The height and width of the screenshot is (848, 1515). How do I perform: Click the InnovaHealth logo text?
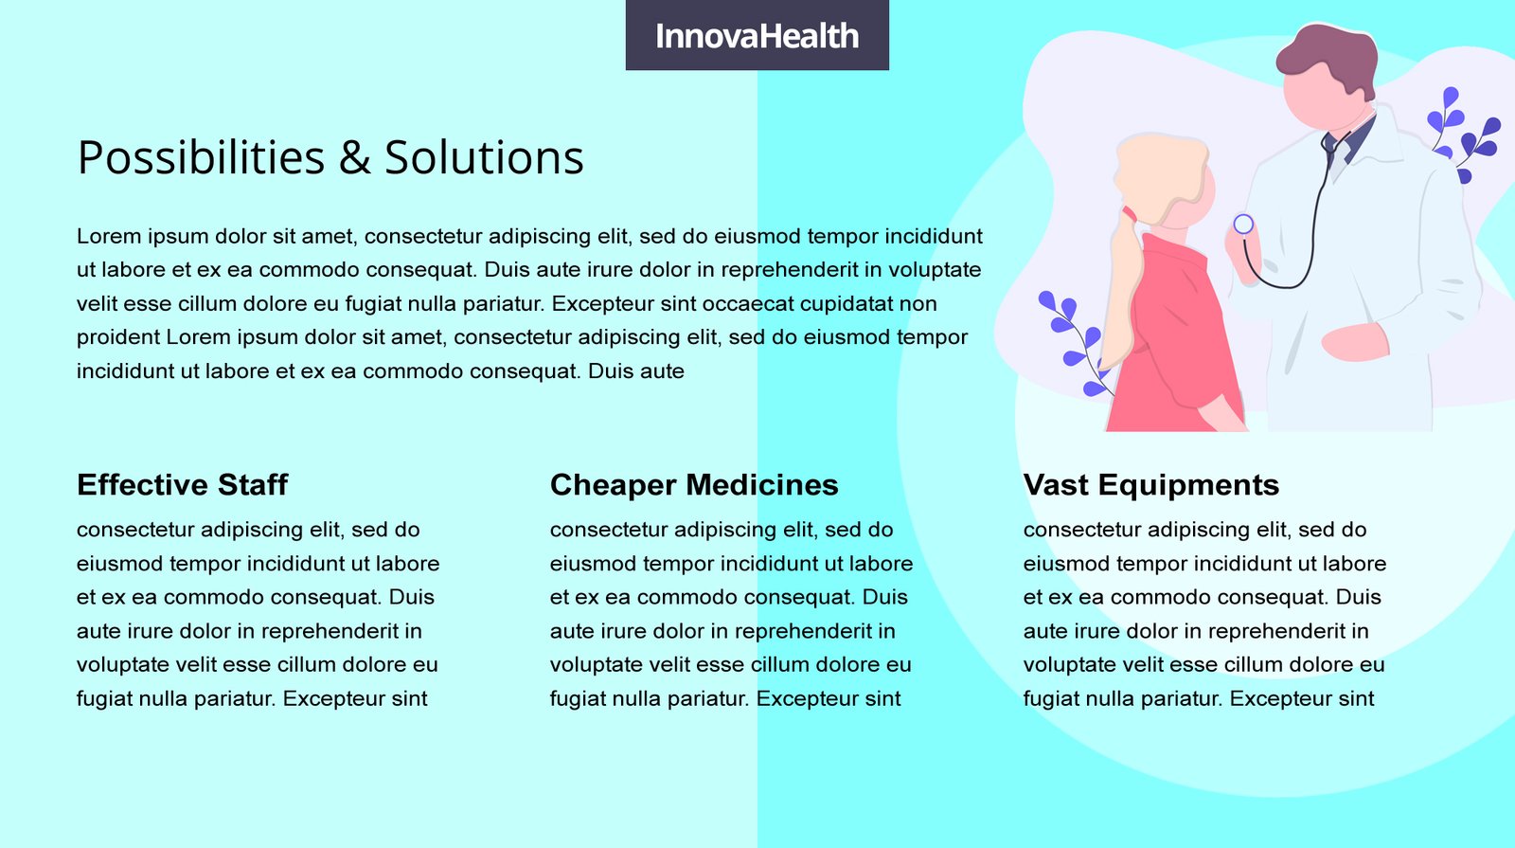click(x=757, y=36)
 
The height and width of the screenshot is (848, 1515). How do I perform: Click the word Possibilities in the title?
click(x=202, y=157)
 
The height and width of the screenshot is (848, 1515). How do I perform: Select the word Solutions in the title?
click(x=484, y=157)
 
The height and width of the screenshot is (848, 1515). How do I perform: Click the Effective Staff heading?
click(x=182, y=484)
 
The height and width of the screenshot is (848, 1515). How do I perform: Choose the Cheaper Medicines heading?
click(x=694, y=484)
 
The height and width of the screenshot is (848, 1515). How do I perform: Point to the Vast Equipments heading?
click(x=1151, y=484)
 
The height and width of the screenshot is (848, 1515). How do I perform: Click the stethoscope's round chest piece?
click(x=1243, y=224)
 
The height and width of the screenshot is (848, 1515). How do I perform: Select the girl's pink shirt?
click(x=1177, y=338)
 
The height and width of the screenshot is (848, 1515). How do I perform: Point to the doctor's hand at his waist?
click(x=1355, y=342)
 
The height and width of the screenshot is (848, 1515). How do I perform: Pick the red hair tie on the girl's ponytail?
click(x=1129, y=214)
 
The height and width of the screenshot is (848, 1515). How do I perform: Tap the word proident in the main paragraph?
click(x=117, y=337)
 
